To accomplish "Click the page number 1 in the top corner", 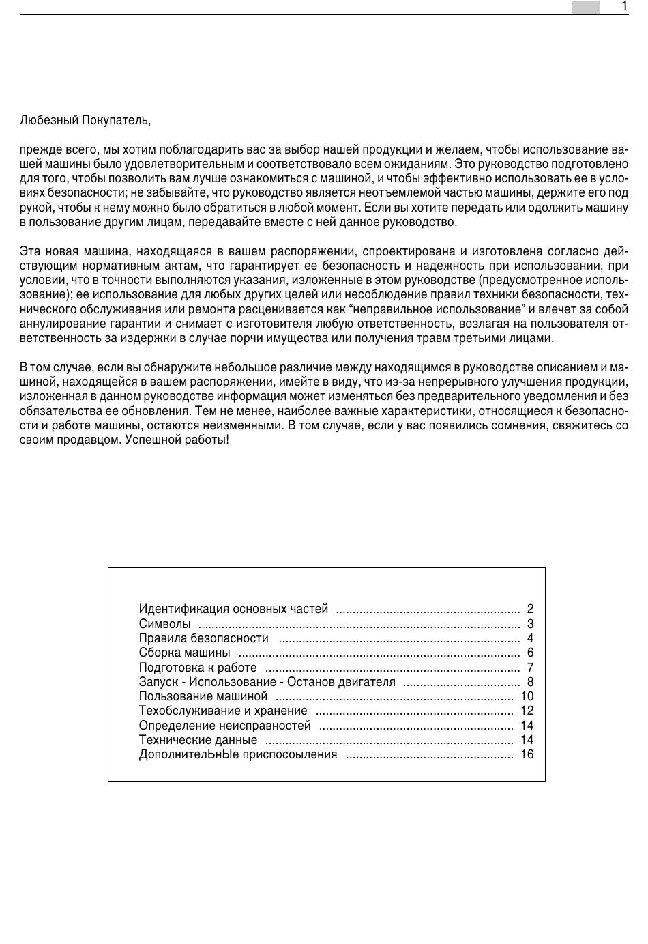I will click(624, 6).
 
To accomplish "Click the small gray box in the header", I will click(585, 8).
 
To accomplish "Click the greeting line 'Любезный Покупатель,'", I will click(85, 120).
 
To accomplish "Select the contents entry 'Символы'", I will click(164, 624).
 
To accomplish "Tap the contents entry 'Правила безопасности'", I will click(203, 638).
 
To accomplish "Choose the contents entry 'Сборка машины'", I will click(184, 653).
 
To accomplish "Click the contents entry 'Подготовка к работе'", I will click(198, 668).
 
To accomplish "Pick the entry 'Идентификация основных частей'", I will click(233, 609).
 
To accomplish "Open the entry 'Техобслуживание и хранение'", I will click(223, 711).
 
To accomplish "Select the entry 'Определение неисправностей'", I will click(224, 726).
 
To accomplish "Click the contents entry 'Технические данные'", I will click(198, 740).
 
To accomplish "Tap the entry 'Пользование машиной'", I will click(203, 696).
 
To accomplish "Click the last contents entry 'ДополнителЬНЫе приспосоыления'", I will click(237, 754).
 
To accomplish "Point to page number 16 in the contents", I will click(527, 754).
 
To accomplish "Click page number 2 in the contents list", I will click(530, 609).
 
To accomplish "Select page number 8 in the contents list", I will click(530, 682).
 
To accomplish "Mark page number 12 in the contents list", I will click(527, 711).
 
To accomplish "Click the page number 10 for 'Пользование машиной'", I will click(527, 696).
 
